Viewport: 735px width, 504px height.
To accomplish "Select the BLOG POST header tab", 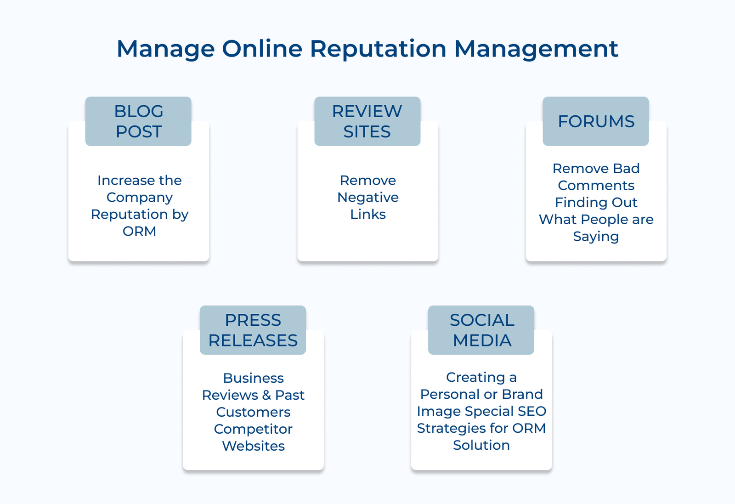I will (x=138, y=121).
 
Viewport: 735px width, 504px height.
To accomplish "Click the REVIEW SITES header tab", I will (x=367, y=121).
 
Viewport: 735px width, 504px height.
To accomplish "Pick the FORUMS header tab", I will (x=596, y=121).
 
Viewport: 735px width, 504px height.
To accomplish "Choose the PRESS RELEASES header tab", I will (x=253, y=330).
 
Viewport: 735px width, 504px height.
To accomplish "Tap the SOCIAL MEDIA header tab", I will (x=481, y=330).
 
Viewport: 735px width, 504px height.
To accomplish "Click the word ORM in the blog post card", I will (x=139, y=231).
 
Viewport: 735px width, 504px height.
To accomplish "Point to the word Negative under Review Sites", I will (x=367, y=197).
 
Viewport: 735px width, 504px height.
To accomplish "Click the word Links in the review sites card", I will (x=367, y=214).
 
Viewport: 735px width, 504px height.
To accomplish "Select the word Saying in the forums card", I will (x=596, y=237).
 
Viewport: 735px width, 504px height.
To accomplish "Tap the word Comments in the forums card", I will (x=596, y=185).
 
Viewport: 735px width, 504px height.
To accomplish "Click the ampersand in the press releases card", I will (x=266, y=395).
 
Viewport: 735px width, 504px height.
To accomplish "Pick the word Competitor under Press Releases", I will (x=253, y=429).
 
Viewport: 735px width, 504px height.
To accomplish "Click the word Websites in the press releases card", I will (x=253, y=446).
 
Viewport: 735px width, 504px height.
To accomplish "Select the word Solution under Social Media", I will (x=481, y=445).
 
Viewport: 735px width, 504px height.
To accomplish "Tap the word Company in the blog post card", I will (x=139, y=198).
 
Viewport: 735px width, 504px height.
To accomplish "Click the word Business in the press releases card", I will (x=253, y=378).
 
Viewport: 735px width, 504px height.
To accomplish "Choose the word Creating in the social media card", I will (x=475, y=377).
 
